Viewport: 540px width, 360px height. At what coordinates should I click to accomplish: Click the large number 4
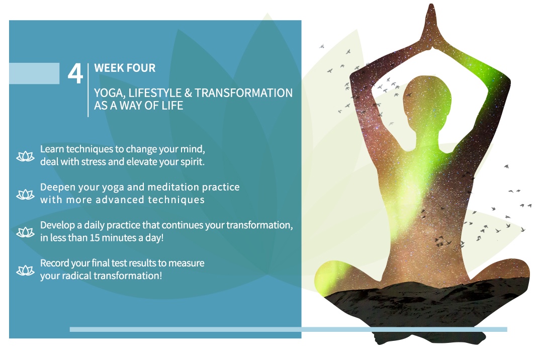click(x=75, y=73)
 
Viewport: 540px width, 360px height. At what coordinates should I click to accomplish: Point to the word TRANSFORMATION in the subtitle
click(x=243, y=93)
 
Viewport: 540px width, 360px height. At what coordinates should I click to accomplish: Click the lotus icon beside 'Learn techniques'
click(x=26, y=156)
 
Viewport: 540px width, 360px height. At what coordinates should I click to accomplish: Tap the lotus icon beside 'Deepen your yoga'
click(x=26, y=195)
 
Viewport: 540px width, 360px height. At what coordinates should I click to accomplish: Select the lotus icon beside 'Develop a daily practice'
click(x=26, y=232)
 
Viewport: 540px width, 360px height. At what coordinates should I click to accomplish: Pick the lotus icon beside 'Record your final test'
click(x=26, y=271)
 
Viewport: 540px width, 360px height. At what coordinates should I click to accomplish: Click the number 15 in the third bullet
click(x=95, y=238)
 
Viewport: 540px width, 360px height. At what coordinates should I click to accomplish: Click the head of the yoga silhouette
click(x=427, y=100)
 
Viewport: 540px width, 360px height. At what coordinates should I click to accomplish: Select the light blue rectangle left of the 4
click(x=34, y=73)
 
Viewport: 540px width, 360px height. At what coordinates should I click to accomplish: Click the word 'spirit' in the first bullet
click(x=191, y=162)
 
